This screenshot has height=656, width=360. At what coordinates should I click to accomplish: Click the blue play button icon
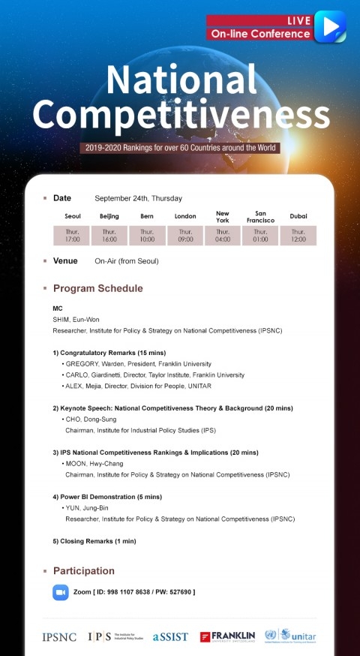point(330,27)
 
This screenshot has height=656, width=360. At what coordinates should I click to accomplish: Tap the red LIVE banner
point(259,21)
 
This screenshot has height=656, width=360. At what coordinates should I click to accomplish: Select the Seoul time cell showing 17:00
point(72,236)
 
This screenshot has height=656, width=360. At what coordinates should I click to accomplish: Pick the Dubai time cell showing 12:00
point(298,236)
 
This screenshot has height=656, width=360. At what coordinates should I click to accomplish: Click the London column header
point(185,216)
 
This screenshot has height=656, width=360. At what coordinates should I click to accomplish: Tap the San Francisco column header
point(261,216)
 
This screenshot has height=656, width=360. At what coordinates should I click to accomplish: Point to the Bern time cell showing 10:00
point(147,236)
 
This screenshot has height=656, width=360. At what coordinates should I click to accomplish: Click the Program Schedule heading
point(97,288)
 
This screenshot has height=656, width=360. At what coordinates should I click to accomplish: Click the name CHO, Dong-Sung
point(91,419)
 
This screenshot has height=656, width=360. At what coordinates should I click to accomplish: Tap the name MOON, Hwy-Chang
point(94,464)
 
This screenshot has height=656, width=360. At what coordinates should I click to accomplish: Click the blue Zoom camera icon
point(61,592)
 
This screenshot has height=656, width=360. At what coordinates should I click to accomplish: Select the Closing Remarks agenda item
point(94,541)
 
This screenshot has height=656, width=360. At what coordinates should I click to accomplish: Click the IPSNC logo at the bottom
point(59,637)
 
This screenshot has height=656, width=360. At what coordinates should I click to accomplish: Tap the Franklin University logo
point(227,636)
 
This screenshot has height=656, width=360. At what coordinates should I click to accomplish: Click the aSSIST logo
point(170,637)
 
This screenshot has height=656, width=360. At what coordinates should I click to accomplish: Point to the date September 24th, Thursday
point(138,198)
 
